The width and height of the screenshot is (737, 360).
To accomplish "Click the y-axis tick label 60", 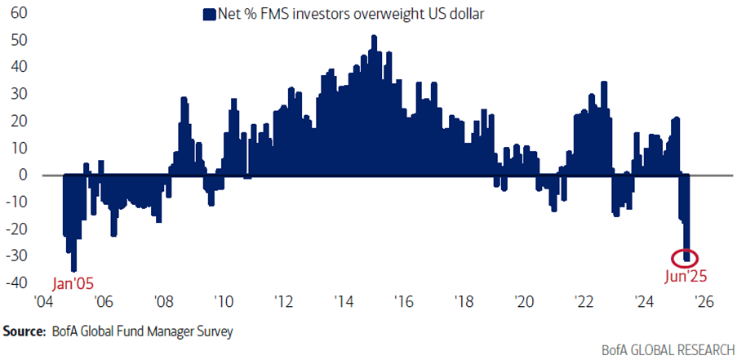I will [x=18, y=14].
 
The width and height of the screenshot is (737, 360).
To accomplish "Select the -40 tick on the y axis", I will [x=16, y=283].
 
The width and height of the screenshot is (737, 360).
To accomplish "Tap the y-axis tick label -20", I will [x=16, y=229].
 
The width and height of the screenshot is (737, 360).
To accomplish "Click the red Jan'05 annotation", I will [x=73, y=283].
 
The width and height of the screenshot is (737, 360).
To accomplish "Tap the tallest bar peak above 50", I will [x=373, y=38].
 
